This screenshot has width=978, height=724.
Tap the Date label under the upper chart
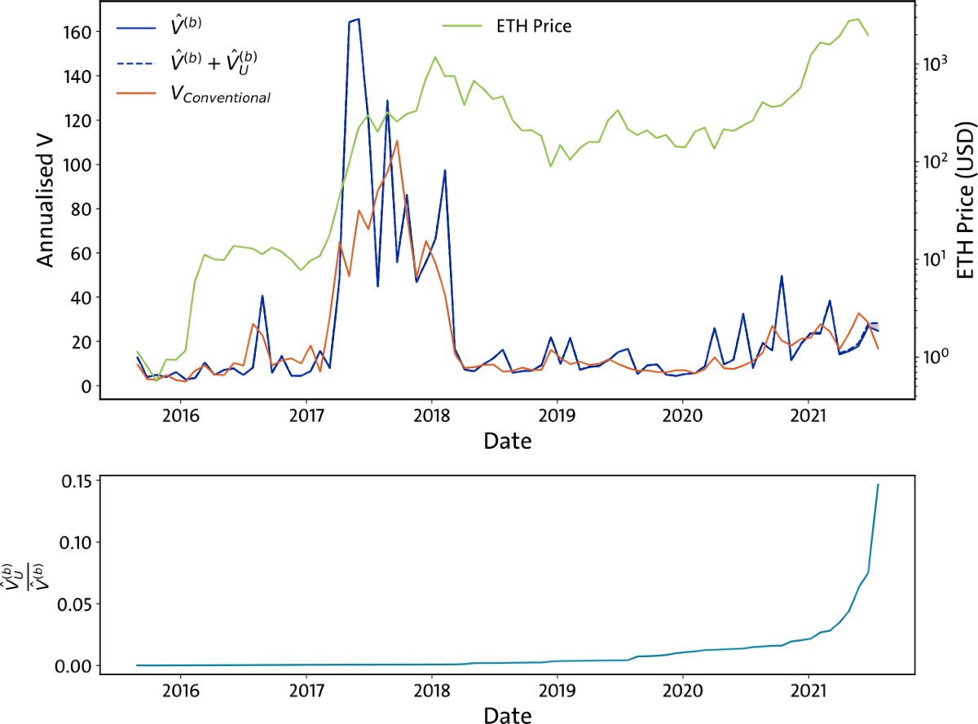point(507,442)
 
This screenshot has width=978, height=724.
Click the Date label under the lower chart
point(507,716)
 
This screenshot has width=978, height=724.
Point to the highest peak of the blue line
point(358,20)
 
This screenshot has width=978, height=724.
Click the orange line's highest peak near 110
point(397,140)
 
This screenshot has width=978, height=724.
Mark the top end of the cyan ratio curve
point(878,484)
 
